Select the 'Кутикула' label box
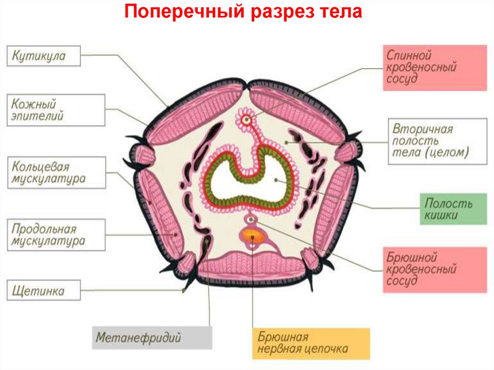pos(43,56)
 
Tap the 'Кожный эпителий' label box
pos(56,110)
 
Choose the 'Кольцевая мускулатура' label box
pos(56,173)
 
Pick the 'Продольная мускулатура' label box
pos(56,235)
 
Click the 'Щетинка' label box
pos(43,291)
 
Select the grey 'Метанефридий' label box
pos(152,337)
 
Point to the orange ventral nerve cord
pos(251,236)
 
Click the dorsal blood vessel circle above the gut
pos(247,119)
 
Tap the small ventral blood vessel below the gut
pos(251,220)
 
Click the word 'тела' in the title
pos(341,12)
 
